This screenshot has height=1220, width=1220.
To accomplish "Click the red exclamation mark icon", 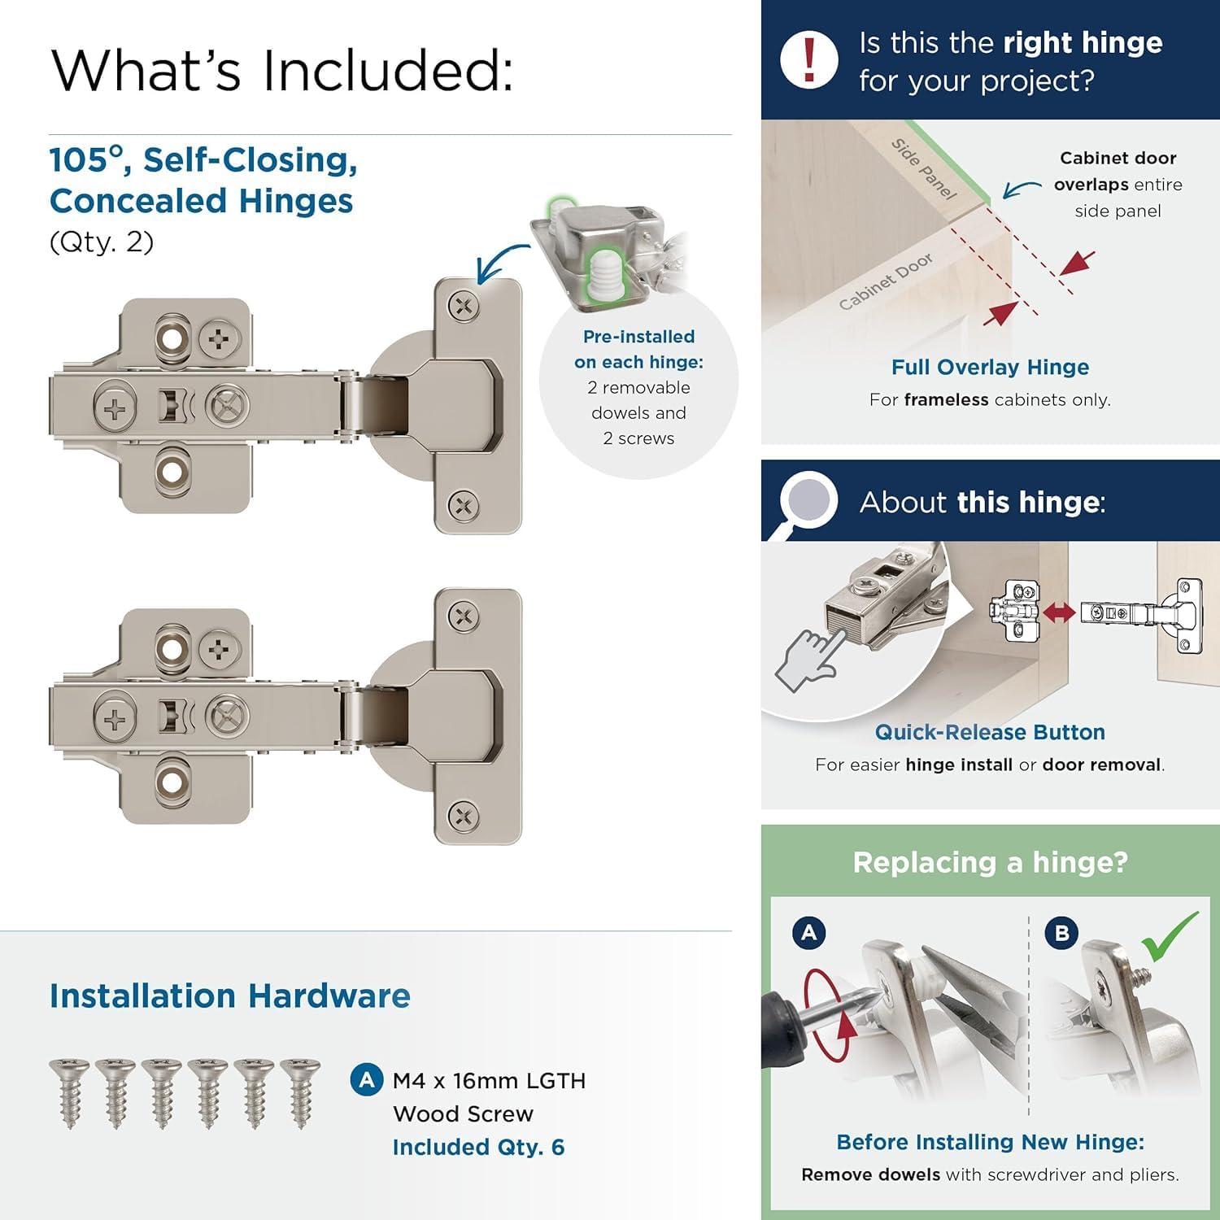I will [x=808, y=59].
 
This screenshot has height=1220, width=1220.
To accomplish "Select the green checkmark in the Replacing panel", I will [x=1169, y=937].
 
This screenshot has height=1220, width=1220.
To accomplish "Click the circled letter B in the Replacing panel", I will [x=1061, y=932].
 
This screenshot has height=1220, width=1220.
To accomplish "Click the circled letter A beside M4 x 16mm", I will [x=367, y=1080].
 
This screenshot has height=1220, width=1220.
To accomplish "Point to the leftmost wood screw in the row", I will [x=69, y=1092].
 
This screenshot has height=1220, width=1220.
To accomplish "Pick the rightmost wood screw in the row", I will [x=300, y=1092].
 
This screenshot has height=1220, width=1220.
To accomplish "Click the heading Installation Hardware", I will [x=229, y=996].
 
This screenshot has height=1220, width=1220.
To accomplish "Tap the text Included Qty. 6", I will [x=478, y=1147].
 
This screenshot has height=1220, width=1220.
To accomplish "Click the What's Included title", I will [x=281, y=70].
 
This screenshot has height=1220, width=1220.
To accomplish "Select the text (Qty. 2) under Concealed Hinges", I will [x=102, y=242].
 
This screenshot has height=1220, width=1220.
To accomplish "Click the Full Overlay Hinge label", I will [x=990, y=367].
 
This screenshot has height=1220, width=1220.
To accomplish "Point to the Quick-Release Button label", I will [x=990, y=732].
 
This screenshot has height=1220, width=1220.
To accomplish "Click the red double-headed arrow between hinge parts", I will [x=1059, y=612].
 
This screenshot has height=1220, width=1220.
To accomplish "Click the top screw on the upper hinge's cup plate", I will [x=464, y=307].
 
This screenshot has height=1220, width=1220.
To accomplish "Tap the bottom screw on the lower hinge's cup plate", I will [x=464, y=815].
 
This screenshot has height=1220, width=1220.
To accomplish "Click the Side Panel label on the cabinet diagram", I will [x=923, y=169].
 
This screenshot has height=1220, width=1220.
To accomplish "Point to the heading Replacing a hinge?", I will [x=990, y=862].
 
